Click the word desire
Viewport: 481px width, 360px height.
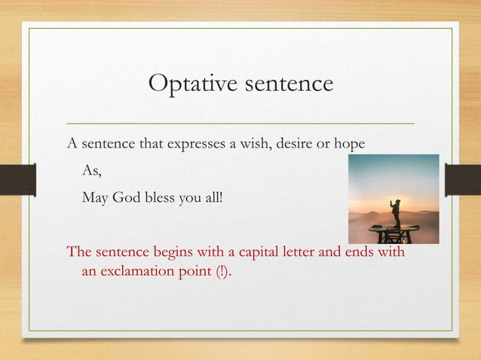pyautogui.click(x=293, y=144)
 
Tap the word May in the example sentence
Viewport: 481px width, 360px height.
pyautogui.click(x=94, y=200)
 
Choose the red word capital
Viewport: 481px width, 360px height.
pyautogui.click(x=249, y=252)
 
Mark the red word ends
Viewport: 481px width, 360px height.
pyautogui.click(x=359, y=252)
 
